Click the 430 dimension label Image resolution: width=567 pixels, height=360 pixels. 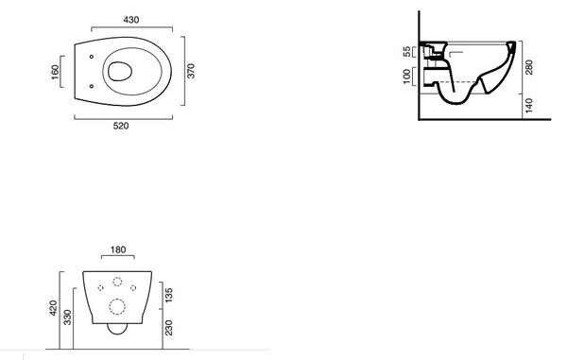tap(131, 20)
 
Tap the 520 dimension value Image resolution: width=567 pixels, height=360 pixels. tap(121, 127)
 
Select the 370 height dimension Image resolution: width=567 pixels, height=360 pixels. tap(191, 71)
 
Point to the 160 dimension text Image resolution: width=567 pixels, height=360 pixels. tap(55, 72)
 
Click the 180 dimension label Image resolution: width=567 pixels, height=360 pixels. tap(118, 249)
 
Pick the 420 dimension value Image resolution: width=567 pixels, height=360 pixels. tap(53, 308)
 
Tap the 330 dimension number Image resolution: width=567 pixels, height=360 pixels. tap(68, 317)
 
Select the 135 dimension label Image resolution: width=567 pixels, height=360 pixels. tap(168, 295)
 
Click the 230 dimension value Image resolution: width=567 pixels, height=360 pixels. tap(168, 328)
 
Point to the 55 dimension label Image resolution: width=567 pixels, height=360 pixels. tap(406, 51)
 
